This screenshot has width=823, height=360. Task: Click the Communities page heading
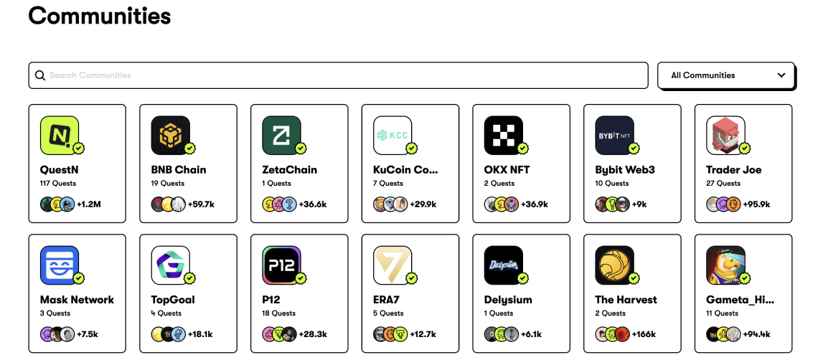[x=100, y=16]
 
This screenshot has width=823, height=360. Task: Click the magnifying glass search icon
[x=40, y=75]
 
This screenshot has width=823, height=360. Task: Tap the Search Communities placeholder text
[x=90, y=75]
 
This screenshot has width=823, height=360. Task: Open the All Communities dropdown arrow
[x=781, y=75]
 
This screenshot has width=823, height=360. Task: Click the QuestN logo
[x=60, y=135]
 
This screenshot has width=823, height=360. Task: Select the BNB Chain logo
[x=170, y=135]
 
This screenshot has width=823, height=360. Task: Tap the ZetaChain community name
[x=289, y=170]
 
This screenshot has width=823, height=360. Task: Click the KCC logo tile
[x=392, y=135]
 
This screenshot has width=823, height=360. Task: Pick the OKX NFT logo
[x=503, y=135]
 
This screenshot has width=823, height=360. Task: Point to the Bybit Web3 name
[x=625, y=170]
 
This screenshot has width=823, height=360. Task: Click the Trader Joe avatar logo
[x=725, y=135]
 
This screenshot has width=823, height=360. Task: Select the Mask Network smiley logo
[x=60, y=265]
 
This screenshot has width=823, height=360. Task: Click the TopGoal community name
[x=172, y=300]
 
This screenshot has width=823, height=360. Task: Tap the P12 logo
[x=281, y=265]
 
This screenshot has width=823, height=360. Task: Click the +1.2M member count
[x=89, y=204]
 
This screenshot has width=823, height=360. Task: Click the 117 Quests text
[x=58, y=184]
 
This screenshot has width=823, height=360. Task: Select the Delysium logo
[x=503, y=265]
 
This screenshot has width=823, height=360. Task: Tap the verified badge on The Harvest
[x=634, y=278]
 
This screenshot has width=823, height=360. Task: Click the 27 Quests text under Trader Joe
[x=723, y=184]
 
